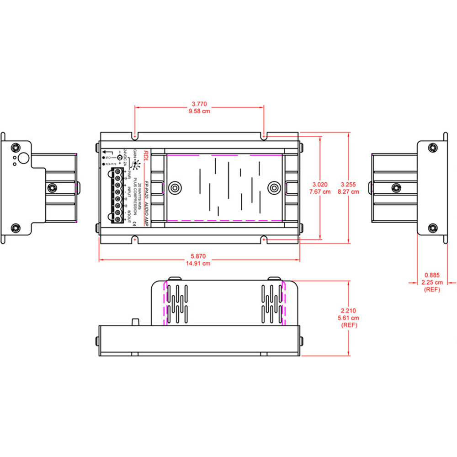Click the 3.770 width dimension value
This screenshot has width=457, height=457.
(x=199, y=104)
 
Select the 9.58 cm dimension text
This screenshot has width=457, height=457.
(x=199, y=111)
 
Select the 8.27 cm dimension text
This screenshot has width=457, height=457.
(x=349, y=191)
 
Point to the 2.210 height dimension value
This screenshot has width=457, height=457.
(x=349, y=310)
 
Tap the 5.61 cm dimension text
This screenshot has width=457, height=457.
(x=349, y=318)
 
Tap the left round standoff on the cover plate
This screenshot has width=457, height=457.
(x=174, y=187)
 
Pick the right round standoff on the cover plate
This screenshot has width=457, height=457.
(x=273, y=187)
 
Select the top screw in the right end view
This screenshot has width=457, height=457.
(x=432, y=148)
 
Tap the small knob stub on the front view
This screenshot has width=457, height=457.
(x=135, y=322)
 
